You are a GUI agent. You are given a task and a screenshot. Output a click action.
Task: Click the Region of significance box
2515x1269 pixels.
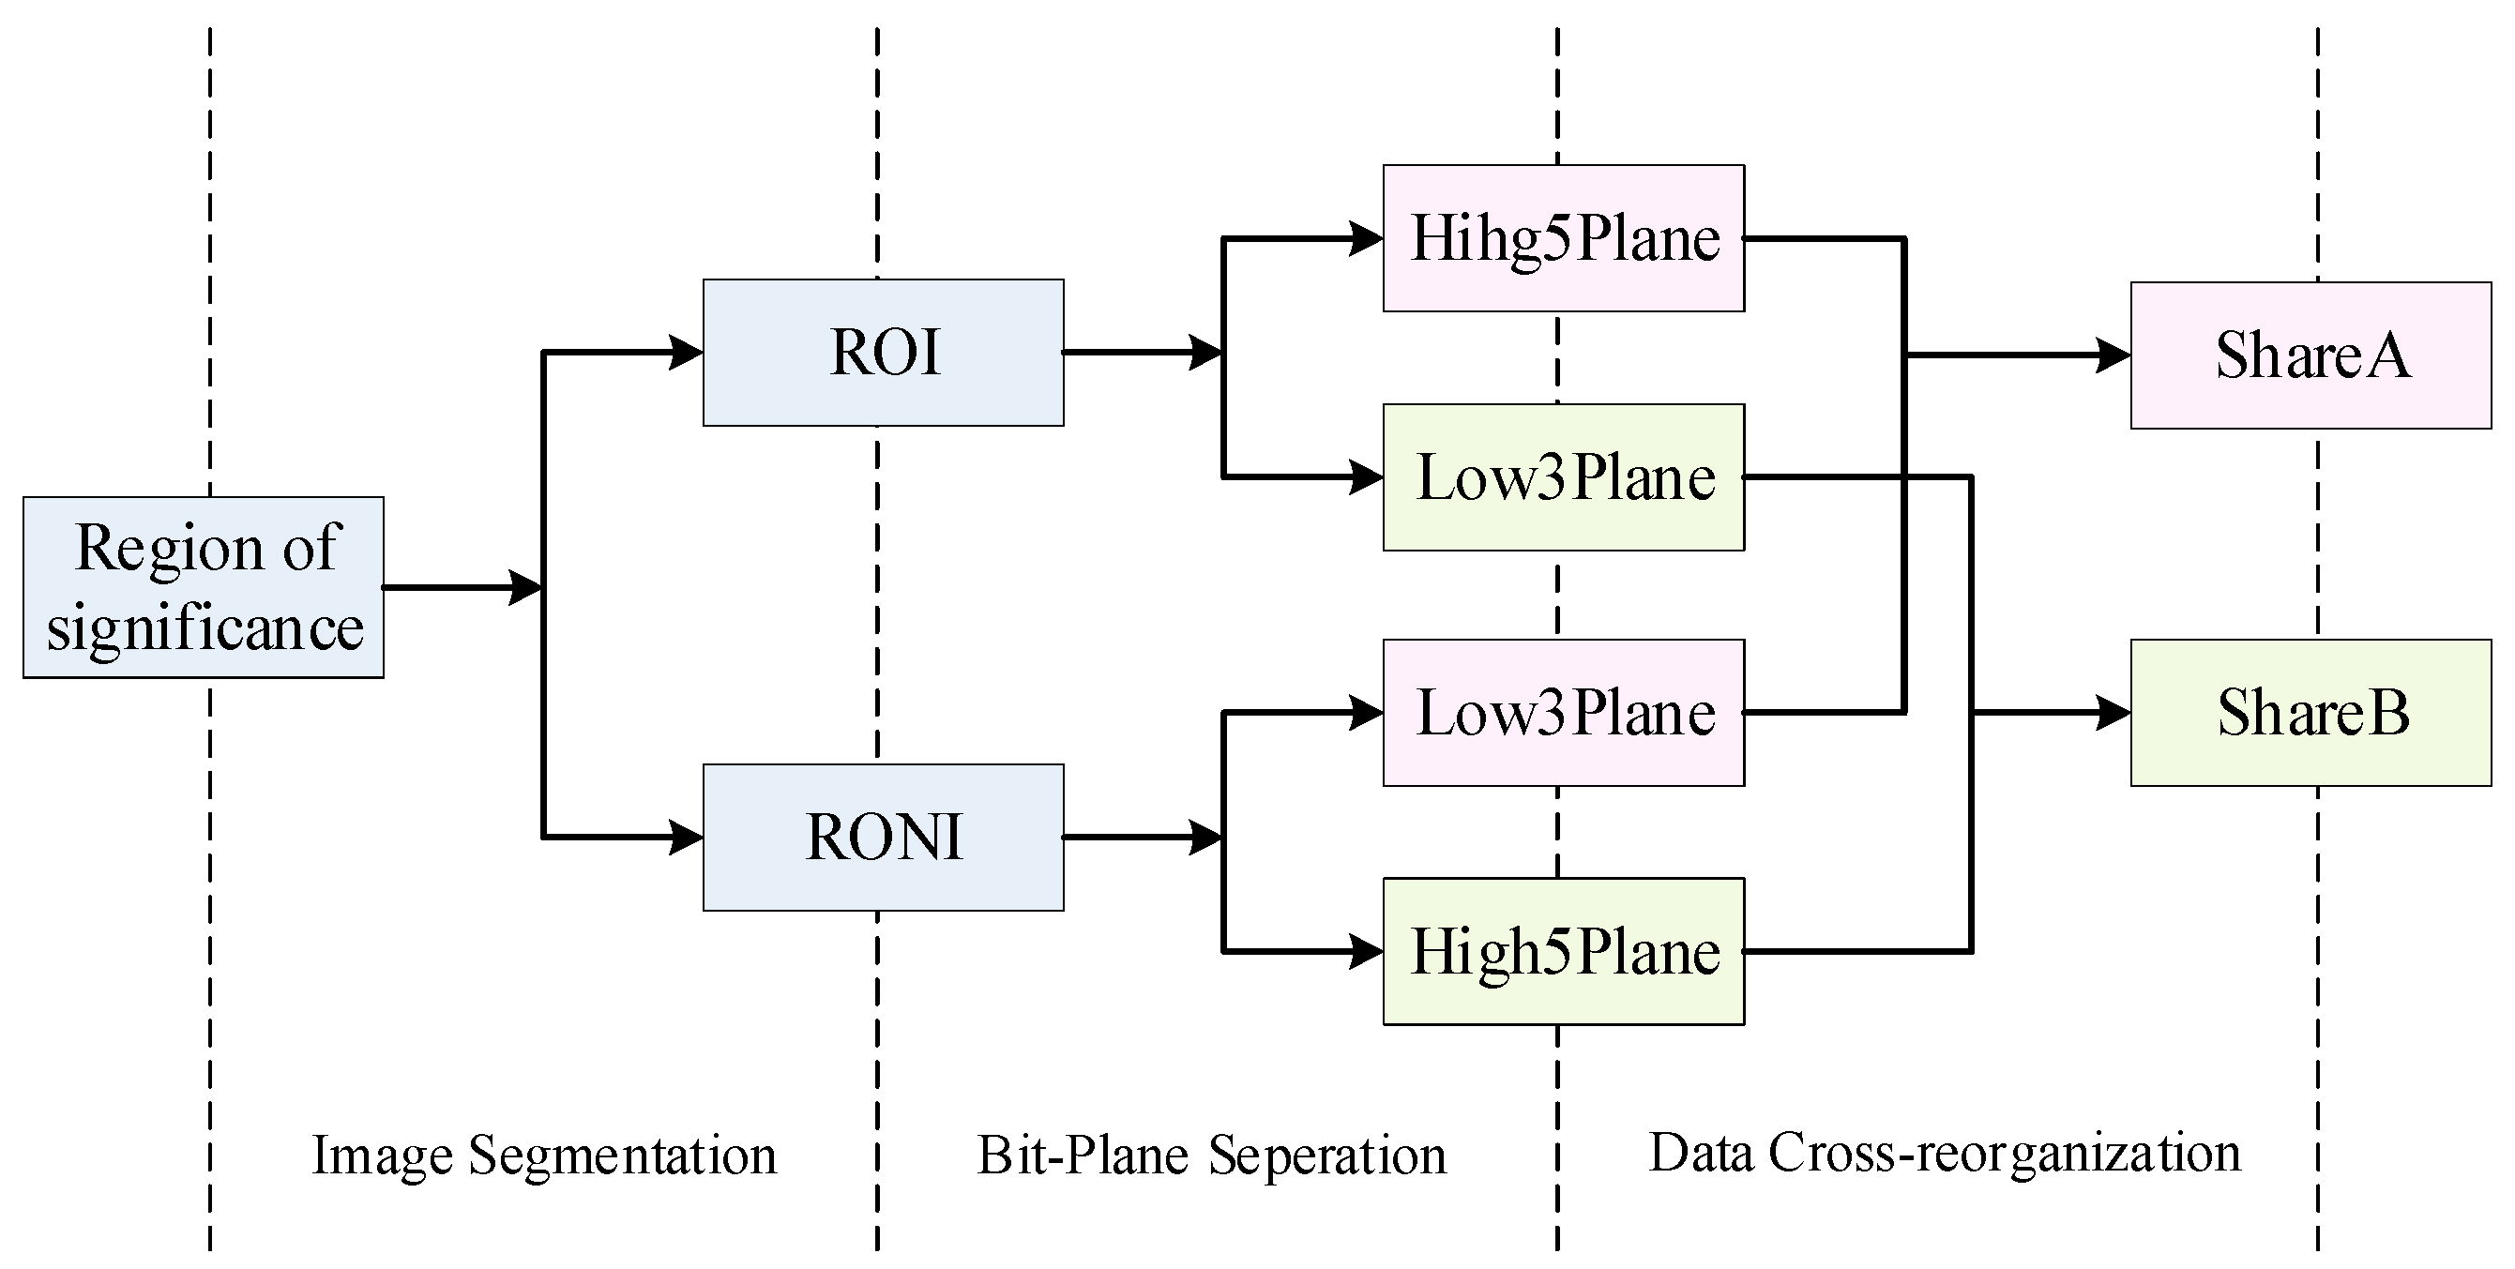point(203,587)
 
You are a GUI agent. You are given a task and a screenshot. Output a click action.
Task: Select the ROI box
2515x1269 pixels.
point(883,353)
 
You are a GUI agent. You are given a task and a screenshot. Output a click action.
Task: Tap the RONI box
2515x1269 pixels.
point(883,837)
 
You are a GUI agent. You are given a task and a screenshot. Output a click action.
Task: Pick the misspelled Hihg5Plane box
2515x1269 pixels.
point(1563,238)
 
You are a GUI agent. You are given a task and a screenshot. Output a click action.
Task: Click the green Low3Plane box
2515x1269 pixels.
point(1563,477)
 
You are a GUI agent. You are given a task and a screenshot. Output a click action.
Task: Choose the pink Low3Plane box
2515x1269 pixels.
point(1563,713)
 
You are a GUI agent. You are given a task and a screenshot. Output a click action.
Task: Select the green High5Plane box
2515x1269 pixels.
point(1563,951)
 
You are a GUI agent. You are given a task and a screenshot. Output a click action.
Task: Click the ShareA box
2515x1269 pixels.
point(2310,355)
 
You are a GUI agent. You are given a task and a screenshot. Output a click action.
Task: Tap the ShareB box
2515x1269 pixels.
point(2310,713)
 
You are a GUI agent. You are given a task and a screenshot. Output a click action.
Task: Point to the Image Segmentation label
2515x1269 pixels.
point(544,1155)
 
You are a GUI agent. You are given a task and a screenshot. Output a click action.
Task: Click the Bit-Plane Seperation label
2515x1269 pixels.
point(1212,1155)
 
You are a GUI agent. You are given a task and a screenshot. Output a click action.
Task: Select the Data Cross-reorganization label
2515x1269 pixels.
point(1944,1153)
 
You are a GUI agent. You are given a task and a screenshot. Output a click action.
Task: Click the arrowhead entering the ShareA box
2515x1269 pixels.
point(2113,355)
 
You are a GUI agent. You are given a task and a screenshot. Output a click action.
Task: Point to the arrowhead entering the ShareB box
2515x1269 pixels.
point(2113,713)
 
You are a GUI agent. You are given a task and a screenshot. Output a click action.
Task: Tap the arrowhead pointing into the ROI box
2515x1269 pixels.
point(686,353)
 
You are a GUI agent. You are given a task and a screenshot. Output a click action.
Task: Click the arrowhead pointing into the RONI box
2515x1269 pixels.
point(686,837)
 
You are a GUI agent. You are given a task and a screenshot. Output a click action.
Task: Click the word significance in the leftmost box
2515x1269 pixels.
point(205,627)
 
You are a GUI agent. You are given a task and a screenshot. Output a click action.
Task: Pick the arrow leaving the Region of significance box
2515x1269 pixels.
point(459,588)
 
